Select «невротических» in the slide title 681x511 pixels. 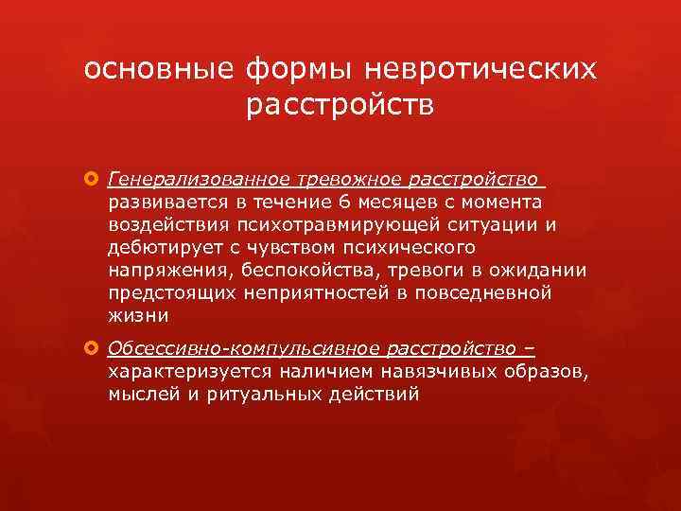(x=482, y=70)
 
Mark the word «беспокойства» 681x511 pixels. (x=285, y=271)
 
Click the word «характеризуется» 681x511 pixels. (x=180, y=372)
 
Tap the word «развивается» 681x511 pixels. (x=161, y=202)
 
